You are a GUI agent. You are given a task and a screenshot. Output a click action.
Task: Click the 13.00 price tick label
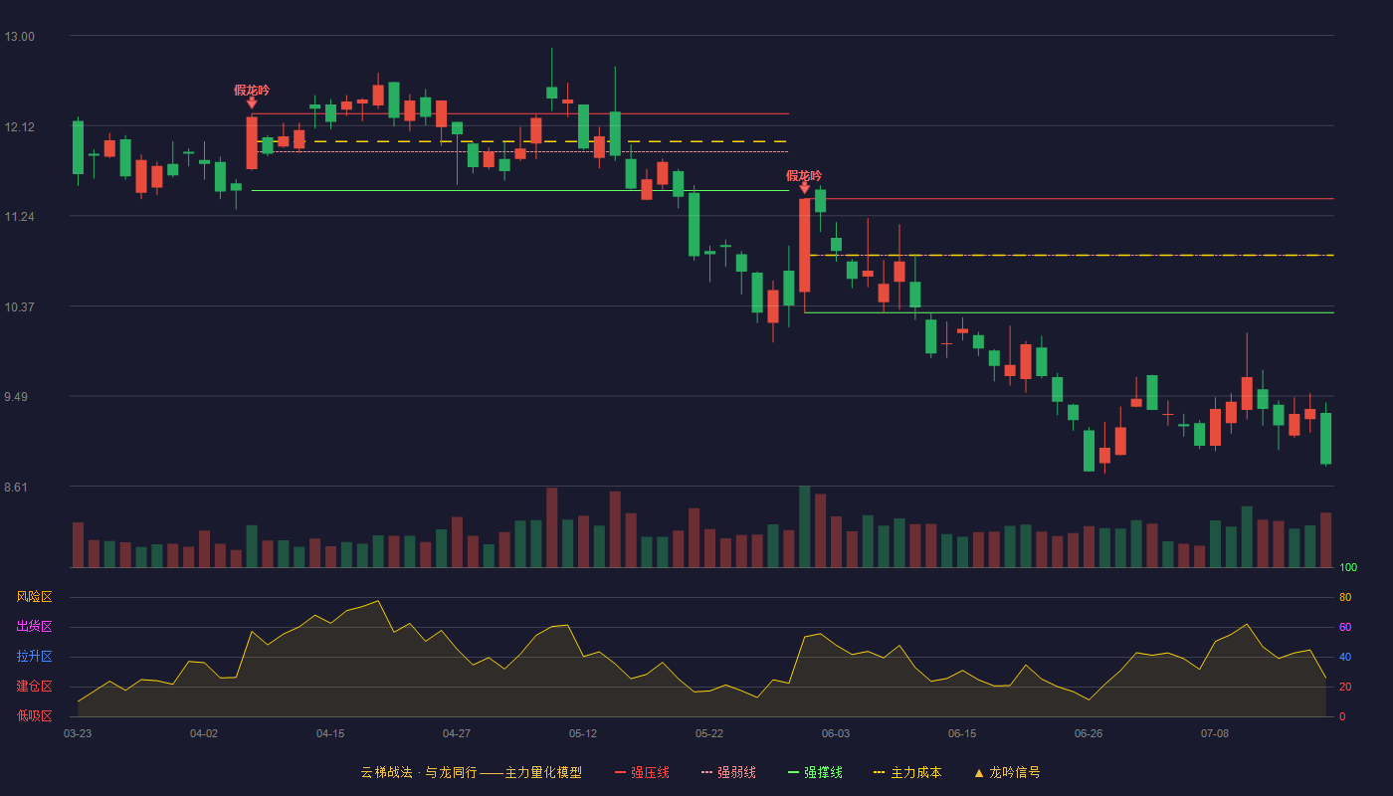19,37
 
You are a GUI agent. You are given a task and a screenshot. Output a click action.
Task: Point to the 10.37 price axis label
19,307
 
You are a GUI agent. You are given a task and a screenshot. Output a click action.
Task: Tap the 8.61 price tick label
16,488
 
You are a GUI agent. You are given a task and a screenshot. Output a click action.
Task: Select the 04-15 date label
330,734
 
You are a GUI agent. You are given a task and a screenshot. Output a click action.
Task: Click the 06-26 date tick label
1089,734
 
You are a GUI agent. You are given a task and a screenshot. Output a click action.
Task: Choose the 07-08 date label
1215,734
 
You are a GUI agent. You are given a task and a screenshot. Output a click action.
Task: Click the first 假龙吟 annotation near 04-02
252,91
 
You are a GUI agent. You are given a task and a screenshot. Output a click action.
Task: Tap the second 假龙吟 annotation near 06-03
804,176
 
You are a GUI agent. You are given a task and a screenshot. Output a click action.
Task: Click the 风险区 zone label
34,597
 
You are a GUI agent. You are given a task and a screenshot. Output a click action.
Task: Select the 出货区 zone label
34,626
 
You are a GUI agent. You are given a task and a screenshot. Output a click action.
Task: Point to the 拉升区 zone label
34,656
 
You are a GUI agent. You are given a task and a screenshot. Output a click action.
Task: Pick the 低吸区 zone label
34,715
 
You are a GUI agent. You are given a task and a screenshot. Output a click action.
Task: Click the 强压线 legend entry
643,772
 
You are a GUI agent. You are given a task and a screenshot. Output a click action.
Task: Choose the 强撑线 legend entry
815,772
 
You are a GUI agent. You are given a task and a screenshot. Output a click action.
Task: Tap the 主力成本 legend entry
907,772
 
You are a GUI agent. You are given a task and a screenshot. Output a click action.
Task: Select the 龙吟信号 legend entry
1007,772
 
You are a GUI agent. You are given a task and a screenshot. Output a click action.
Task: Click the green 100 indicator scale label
1348,567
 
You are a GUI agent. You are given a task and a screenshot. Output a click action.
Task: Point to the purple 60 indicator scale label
1345,627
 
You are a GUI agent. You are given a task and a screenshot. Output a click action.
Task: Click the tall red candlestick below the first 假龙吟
252,143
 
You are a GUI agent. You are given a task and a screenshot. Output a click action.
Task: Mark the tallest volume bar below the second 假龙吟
805,526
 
